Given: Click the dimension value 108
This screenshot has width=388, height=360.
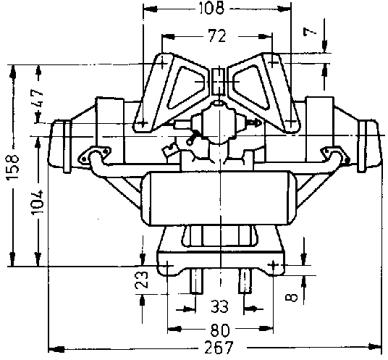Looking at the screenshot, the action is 212,8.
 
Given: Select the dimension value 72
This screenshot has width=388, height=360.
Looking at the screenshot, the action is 217,36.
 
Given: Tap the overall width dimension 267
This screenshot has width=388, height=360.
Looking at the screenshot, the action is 219,348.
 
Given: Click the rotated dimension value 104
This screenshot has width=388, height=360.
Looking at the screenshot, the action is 38,203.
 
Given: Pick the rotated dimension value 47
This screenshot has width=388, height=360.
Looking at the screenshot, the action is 38,98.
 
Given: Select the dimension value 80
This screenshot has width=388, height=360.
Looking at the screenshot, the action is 220,330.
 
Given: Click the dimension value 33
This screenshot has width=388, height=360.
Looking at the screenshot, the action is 219,307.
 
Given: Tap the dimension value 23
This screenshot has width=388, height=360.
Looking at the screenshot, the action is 142,280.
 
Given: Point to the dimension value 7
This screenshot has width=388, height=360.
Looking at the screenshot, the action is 310,31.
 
